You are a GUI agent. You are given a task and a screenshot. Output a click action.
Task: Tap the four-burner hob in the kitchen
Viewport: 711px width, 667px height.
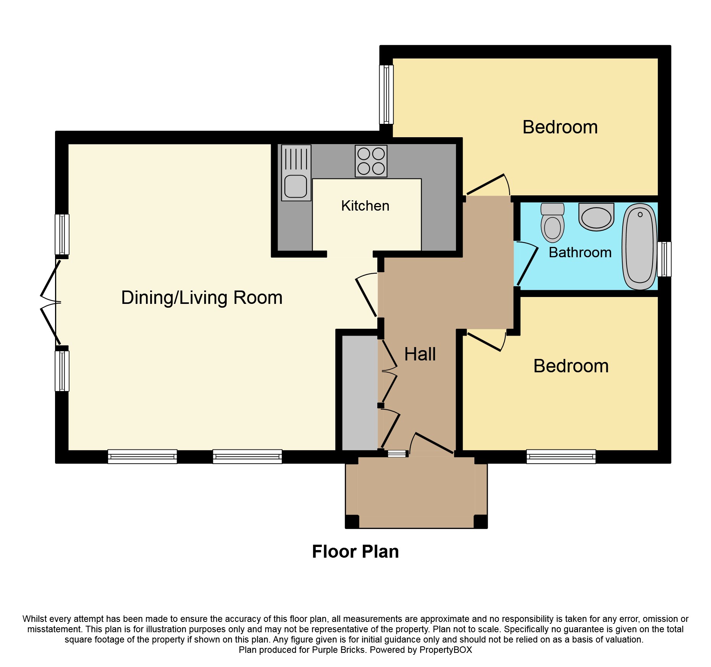371,161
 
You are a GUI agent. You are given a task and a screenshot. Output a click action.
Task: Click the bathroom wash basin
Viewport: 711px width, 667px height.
596,217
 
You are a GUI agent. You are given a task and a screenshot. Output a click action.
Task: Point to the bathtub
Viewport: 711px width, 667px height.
640,247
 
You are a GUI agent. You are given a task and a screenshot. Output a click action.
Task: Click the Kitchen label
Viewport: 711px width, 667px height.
365,206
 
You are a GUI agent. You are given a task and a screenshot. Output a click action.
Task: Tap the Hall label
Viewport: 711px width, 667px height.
420,354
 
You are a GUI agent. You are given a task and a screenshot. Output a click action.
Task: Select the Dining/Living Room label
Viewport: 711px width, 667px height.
201,298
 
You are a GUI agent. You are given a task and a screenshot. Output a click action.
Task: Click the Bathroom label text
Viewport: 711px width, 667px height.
580,253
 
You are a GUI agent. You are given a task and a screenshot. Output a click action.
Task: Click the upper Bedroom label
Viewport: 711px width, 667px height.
560,127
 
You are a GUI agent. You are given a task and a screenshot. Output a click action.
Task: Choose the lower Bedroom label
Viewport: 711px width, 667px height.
571,366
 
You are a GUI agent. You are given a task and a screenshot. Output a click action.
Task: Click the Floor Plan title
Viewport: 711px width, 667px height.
355,552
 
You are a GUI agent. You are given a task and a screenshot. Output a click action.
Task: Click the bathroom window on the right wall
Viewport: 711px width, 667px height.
664,259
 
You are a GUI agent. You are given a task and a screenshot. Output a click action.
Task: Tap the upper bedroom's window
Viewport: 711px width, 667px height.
386,94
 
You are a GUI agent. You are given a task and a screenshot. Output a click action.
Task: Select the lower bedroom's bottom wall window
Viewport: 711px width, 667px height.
561,456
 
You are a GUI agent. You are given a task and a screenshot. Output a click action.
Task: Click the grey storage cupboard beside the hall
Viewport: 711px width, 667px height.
359,393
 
